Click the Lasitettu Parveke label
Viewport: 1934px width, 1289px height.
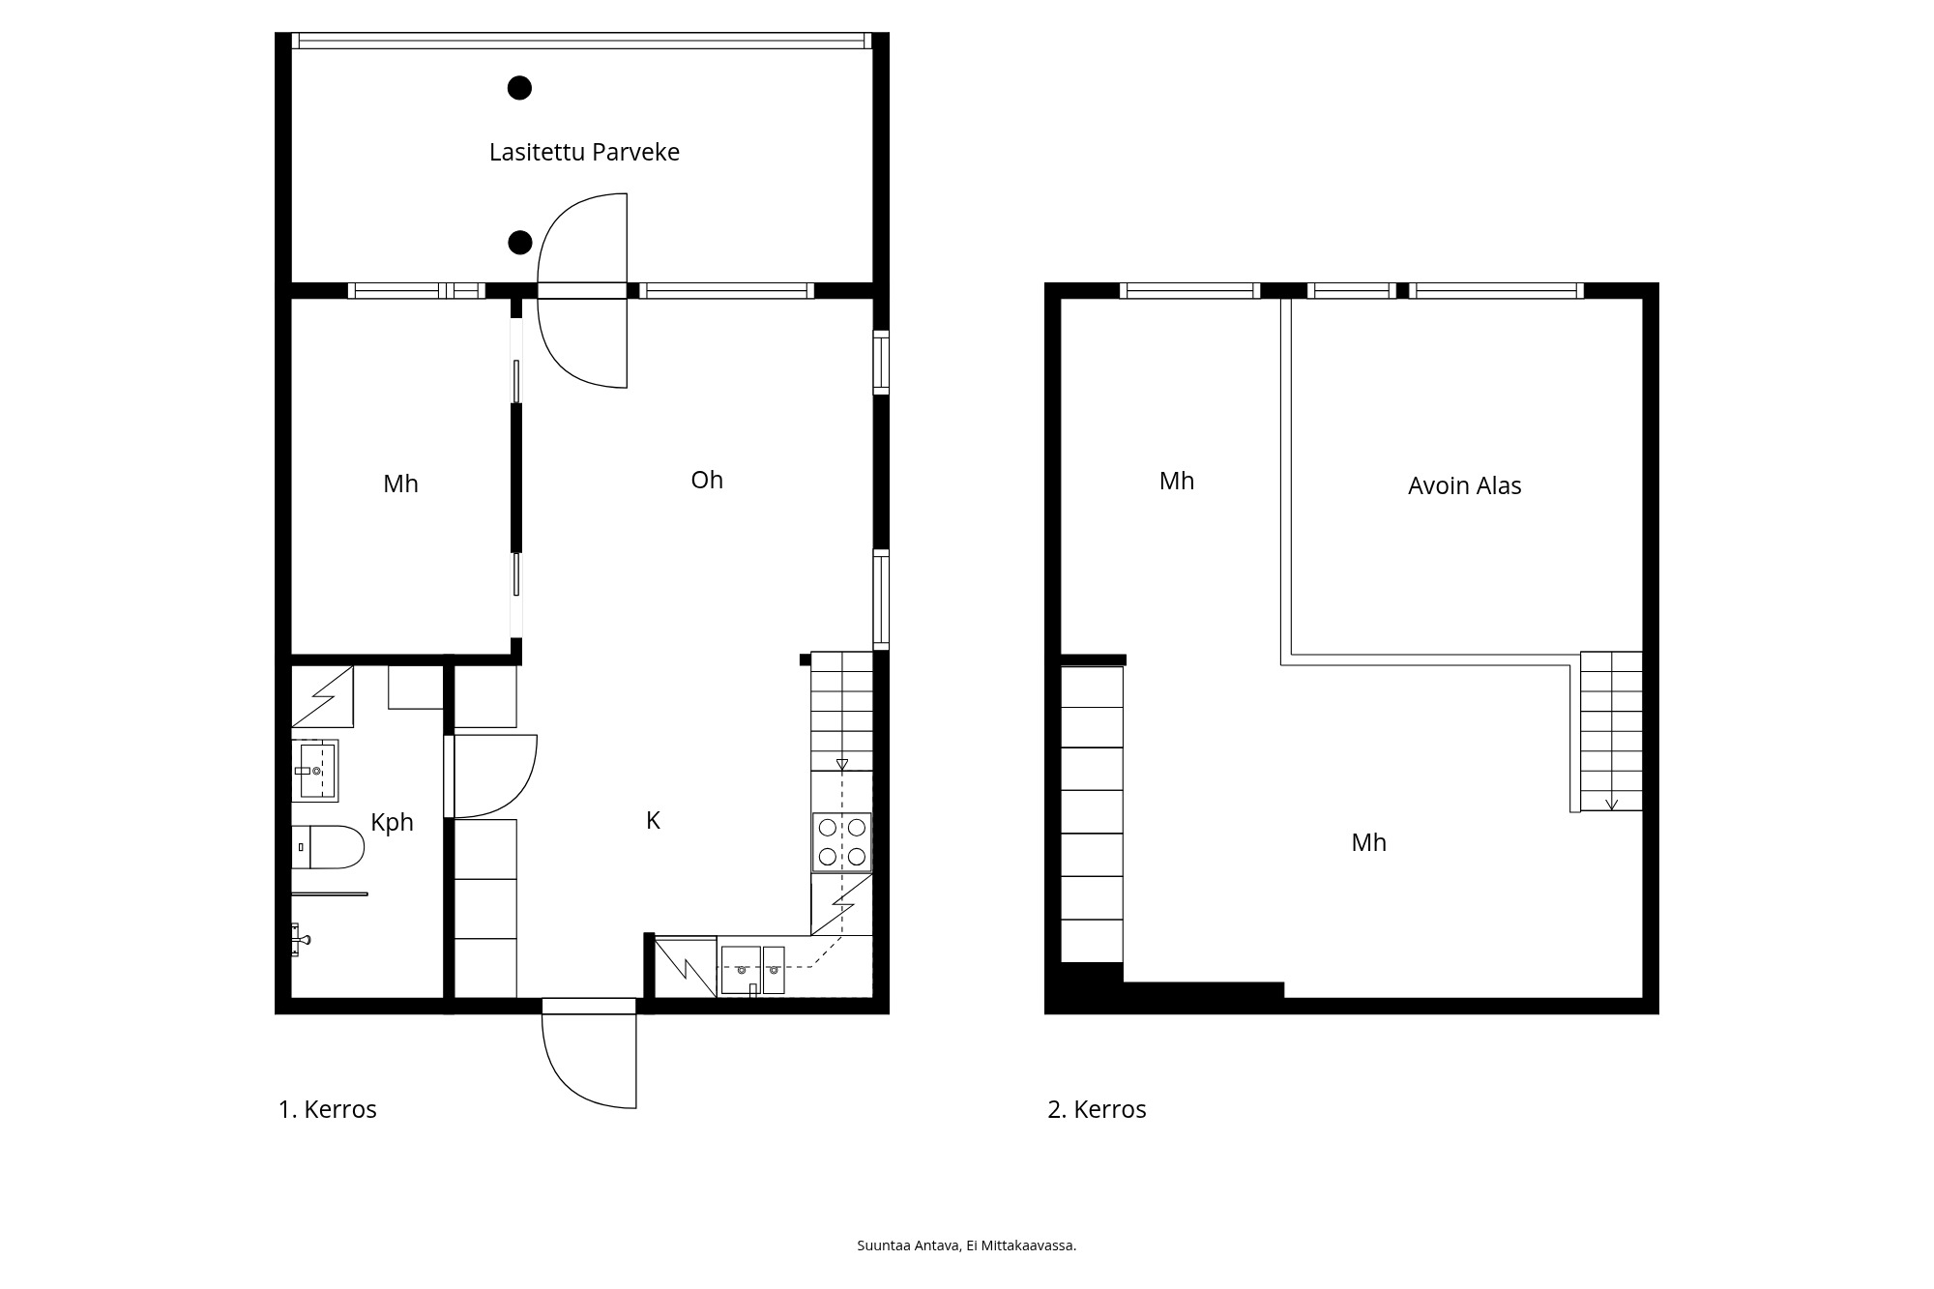click(x=584, y=153)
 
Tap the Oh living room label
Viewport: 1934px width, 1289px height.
click(x=707, y=480)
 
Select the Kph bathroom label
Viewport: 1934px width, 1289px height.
click(x=392, y=823)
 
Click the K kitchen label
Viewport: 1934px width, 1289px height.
click(x=653, y=820)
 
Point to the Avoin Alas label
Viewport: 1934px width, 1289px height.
click(x=1464, y=485)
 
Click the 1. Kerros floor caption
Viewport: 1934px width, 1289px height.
click(x=327, y=1109)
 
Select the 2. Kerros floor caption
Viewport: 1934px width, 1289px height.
click(x=1097, y=1109)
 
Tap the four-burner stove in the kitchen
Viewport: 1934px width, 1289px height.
click(x=841, y=841)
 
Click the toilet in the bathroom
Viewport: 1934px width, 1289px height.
click(x=328, y=847)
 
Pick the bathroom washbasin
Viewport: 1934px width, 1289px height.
click(x=315, y=771)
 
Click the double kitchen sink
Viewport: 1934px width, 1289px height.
click(x=752, y=969)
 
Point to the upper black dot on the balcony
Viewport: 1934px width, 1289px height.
click(x=519, y=88)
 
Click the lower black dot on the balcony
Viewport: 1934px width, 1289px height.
click(x=520, y=242)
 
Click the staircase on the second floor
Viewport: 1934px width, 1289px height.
click(x=1611, y=731)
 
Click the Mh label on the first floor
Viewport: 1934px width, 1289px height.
click(x=400, y=483)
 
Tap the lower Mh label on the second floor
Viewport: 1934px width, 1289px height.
click(x=1368, y=842)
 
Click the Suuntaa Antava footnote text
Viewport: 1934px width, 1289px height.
click(x=967, y=1245)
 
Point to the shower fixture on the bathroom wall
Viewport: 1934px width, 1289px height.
click(x=301, y=939)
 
